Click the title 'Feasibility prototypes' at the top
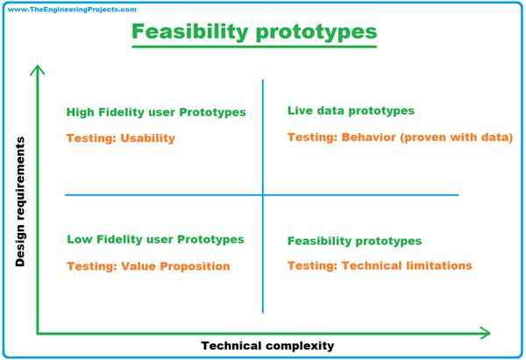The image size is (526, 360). pyautogui.click(x=254, y=33)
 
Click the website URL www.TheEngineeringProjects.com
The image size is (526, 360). pyautogui.click(x=69, y=9)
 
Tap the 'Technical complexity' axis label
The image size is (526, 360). pyautogui.click(x=267, y=346)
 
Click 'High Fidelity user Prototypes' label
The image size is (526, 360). pyautogui.click(x=156, y=113)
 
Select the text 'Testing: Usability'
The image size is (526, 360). pyautogui.click(x=121, y=138)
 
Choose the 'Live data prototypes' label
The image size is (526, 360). pyautogui.click(x=351, y=111)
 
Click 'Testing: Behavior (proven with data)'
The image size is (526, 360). pyautogui.click(x=400, y=138)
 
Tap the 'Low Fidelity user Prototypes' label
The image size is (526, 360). pyautogui.click(x=155, y=239)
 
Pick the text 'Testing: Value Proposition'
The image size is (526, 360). pyautogui.click(x=148, y=266)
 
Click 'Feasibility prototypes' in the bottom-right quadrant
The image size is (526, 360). pyautogui.click(x=354, y=241)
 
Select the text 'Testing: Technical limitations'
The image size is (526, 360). pyautogui.click(x=380, y=265)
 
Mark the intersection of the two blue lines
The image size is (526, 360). pyautogui.click(x=263, y=194)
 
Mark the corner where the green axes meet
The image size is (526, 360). pyautogui.click(x=37, y=333)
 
